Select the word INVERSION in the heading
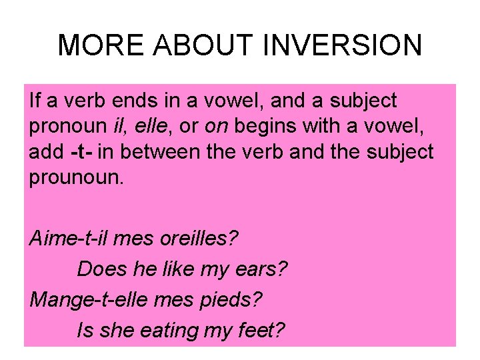click(343, 45)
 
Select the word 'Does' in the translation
click(103, 269)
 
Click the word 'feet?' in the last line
click(261, 329)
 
